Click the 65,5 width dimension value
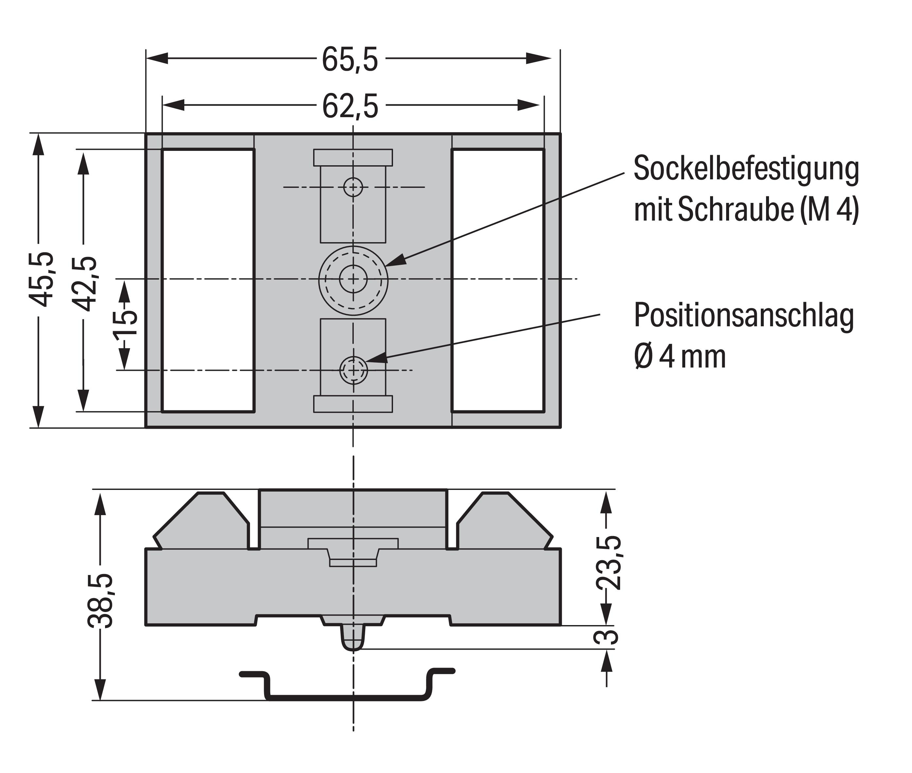point(350,60)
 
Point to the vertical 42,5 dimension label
point(84,283)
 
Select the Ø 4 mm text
point(680,357)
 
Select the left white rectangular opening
point(208,280)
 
